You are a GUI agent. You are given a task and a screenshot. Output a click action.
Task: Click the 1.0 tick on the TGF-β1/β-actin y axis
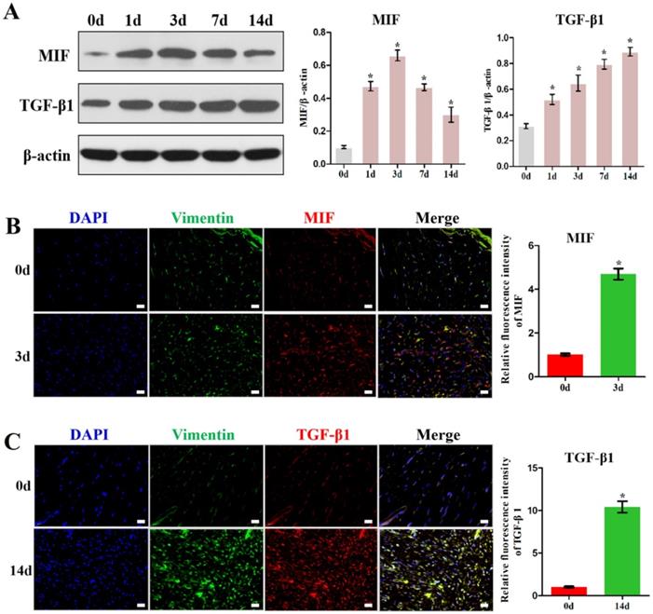509,38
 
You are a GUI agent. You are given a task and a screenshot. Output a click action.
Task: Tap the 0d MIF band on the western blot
98,55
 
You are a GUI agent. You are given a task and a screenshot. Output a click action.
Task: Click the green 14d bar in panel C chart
607,551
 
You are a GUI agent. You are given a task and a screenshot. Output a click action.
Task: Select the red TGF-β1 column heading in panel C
320,434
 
